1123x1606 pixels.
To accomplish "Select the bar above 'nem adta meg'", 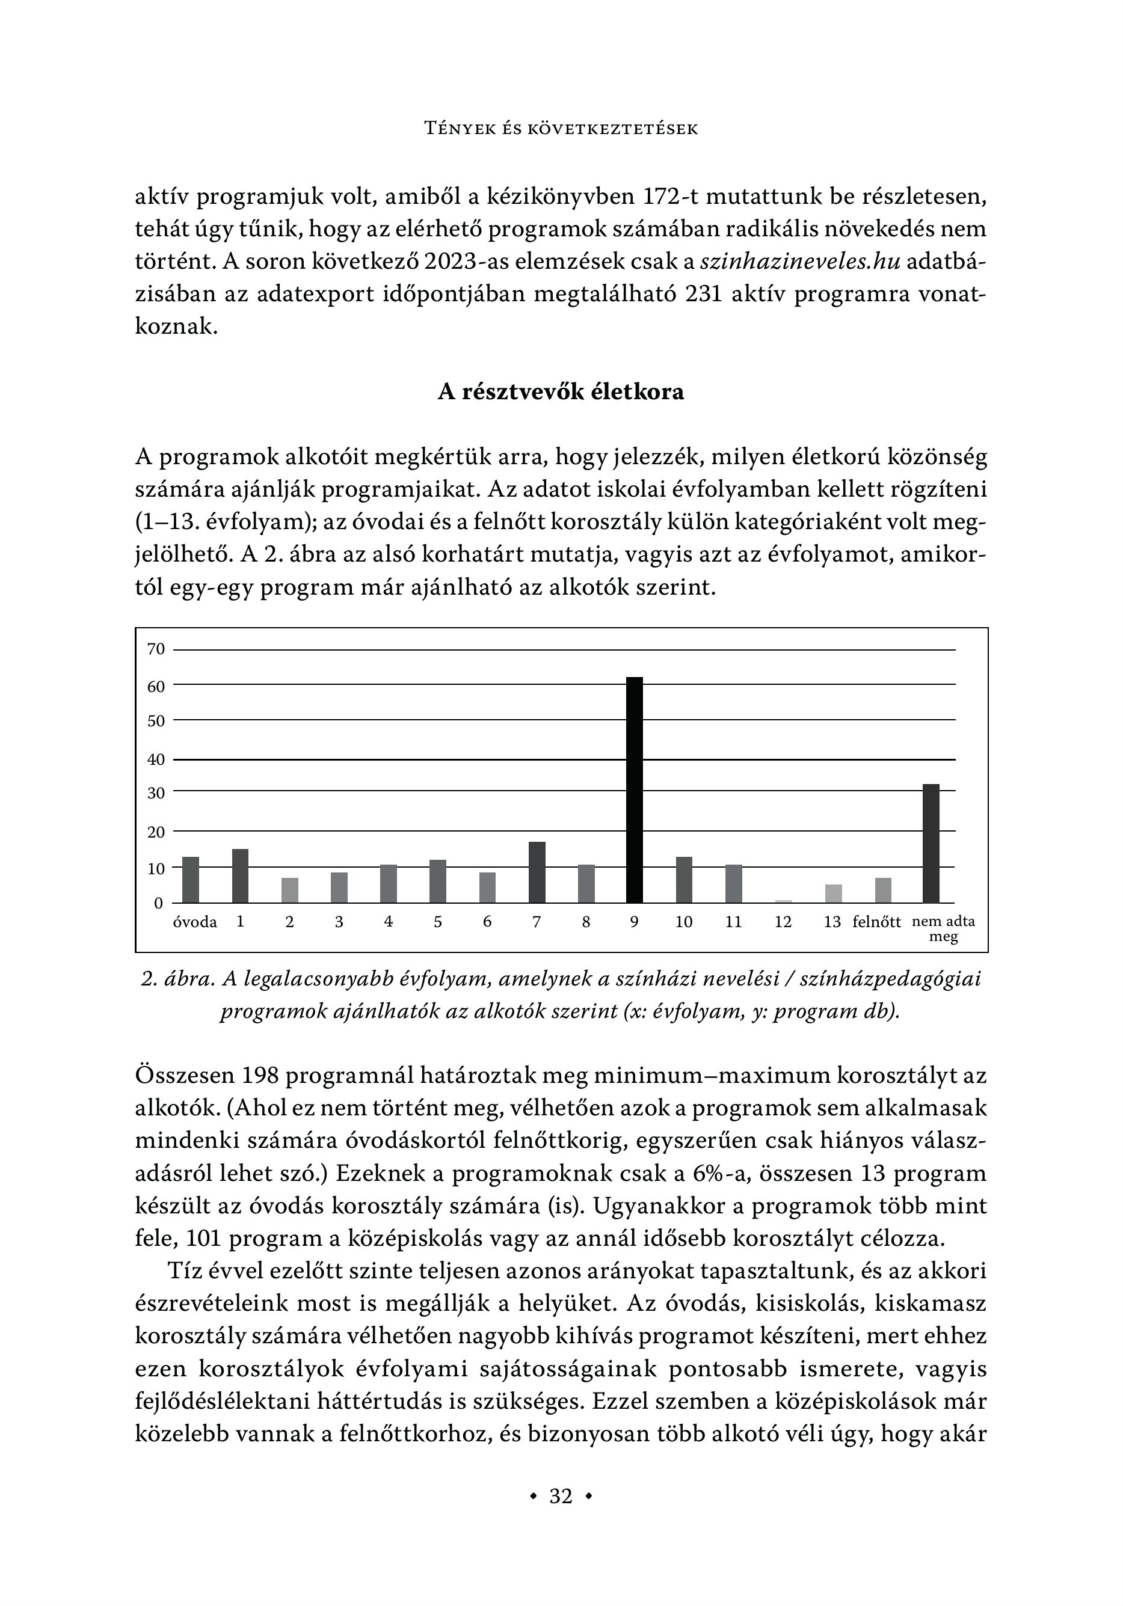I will click(x=931, y=843).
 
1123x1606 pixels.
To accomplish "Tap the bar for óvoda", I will click(x=190, y=879).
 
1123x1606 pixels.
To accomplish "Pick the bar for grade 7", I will click(x=537, y=872).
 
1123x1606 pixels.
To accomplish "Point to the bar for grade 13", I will click(x=832, y=893).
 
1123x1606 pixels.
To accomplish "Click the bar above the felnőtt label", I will click(x=882, y=890).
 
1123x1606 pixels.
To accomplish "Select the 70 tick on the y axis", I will click(x=156, y=649).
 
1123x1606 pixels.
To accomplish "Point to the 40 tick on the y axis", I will click(x=156, y=759).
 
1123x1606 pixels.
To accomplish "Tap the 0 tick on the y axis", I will click(x=158, y=903).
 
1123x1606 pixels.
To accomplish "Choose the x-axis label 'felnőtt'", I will click(x=877, y=922).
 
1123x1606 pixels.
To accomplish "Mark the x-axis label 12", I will click(x=783, y=922).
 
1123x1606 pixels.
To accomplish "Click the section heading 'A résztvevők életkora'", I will click(x=561, y=391).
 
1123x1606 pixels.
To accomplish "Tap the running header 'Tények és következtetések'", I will click(x=561, y=129).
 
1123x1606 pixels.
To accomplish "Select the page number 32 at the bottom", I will click(x=561, y=1495).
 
